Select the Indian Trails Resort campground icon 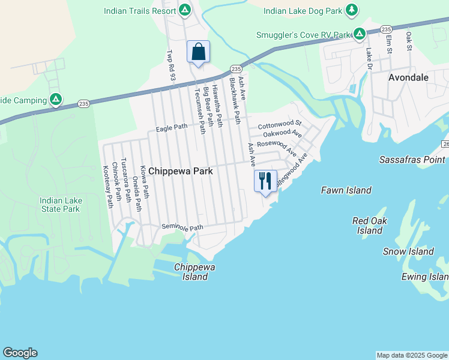click(x=185, y=10)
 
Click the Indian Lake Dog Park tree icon click(x=352, y=10)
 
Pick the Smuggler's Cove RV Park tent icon click(x=359, y=34)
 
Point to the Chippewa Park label click(x=181, y=171)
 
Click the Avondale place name click(x=408, y=77)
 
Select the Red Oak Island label click(x=370, y=226)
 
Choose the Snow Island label click(x=408, y=251)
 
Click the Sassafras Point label click(x=412, y=160)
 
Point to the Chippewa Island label click(x=191, y=272)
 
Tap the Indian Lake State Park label click(x=59, y=205)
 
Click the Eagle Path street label click(x=172, y=127)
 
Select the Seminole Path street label click(x=182, y=227)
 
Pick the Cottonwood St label click(x=280, y=126)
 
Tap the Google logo click(x=20, y=353)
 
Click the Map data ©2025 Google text click(x=412, y=355)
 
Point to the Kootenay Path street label click(x=108, y=187)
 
